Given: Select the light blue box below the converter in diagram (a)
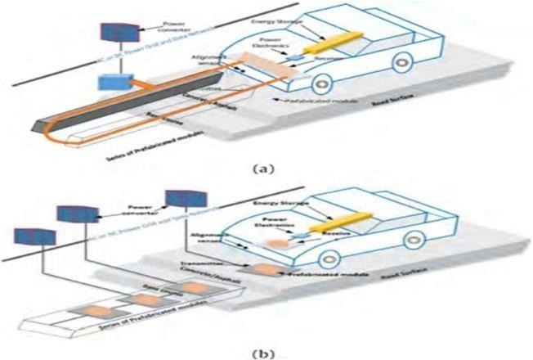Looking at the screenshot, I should pos(110,81).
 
